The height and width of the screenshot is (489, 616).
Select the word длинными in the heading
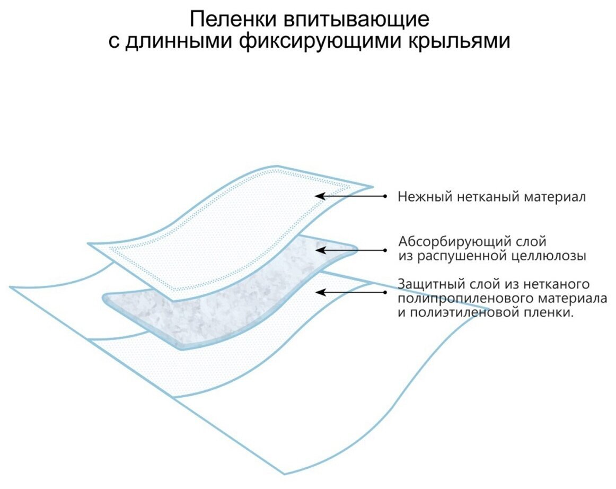(x=178, y=41)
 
